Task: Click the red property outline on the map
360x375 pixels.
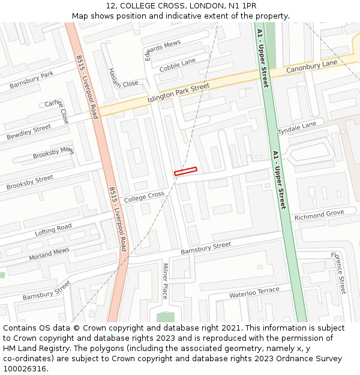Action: [x=185, y=171]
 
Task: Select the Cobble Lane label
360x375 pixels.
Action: [x=178, y=65]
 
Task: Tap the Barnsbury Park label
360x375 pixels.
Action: [x=31, y=80]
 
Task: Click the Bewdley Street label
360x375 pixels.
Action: [x=29, y=132]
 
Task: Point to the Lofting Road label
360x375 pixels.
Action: [x=53, y=229]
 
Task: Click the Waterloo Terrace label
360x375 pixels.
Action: [x=254, y=292]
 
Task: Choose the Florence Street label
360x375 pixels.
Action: [x=339, y=273]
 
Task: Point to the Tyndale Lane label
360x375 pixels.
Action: [x=296, y=128]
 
